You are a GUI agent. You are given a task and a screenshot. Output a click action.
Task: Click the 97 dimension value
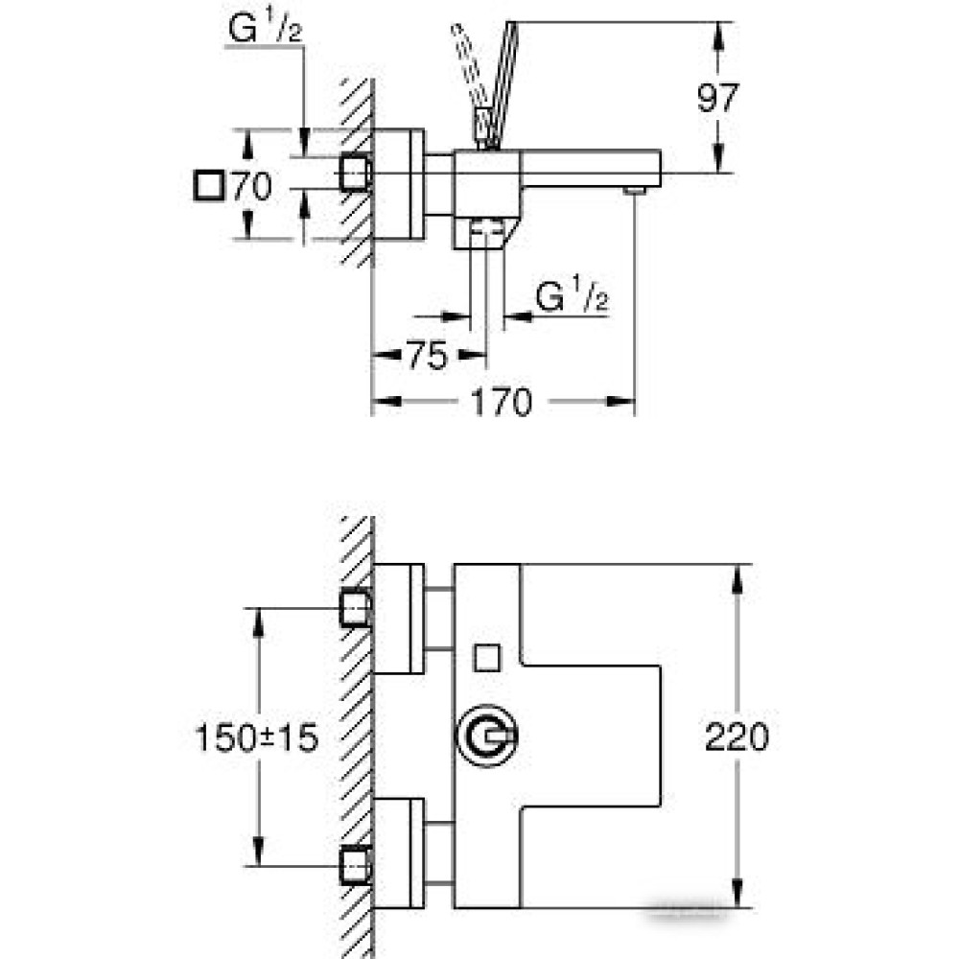tap(718, 98)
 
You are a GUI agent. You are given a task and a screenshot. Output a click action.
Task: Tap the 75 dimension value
tap(427, 356)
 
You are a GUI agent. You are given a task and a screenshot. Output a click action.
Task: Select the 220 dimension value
tap(737, 737)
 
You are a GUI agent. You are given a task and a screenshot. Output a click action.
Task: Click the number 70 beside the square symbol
tap(250, 185)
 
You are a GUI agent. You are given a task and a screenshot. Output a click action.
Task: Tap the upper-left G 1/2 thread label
tap(265, 31)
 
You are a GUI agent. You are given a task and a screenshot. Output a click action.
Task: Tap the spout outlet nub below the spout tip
tap(633, 191)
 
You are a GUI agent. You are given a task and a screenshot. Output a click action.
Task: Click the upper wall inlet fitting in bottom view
tap(356, 607)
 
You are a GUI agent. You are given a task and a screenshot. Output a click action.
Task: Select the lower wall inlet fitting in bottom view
tap(356, 865)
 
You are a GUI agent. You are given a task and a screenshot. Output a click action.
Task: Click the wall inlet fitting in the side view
tap(356, 172)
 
